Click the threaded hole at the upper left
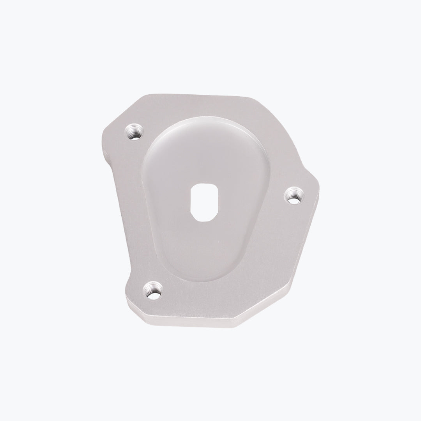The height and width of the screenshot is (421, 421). point(134,133)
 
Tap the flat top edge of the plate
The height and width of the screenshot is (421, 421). point(195,96)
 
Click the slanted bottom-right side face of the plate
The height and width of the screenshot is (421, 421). point(269,308)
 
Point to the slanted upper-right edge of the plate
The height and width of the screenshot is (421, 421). point(285,140)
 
